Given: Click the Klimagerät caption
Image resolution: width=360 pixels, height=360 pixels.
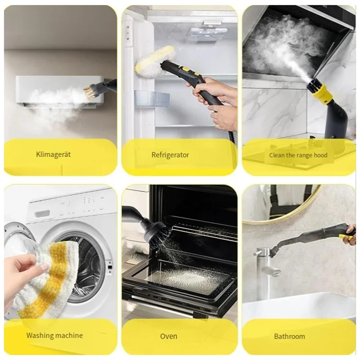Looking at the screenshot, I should (54, 155).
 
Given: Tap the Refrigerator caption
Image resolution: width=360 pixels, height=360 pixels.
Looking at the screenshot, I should (170, 155).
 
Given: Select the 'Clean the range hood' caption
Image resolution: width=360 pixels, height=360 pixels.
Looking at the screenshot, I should (298, 155).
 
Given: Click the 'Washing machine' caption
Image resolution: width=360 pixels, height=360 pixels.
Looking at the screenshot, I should (54, 335).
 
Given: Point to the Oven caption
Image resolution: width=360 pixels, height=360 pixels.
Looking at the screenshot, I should (169, 336).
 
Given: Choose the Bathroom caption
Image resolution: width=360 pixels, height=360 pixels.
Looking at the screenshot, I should (289, 336).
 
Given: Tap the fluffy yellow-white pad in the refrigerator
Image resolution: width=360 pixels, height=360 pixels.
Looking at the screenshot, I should (150, 63).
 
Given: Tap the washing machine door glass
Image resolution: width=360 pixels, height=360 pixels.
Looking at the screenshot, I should (88, 265).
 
